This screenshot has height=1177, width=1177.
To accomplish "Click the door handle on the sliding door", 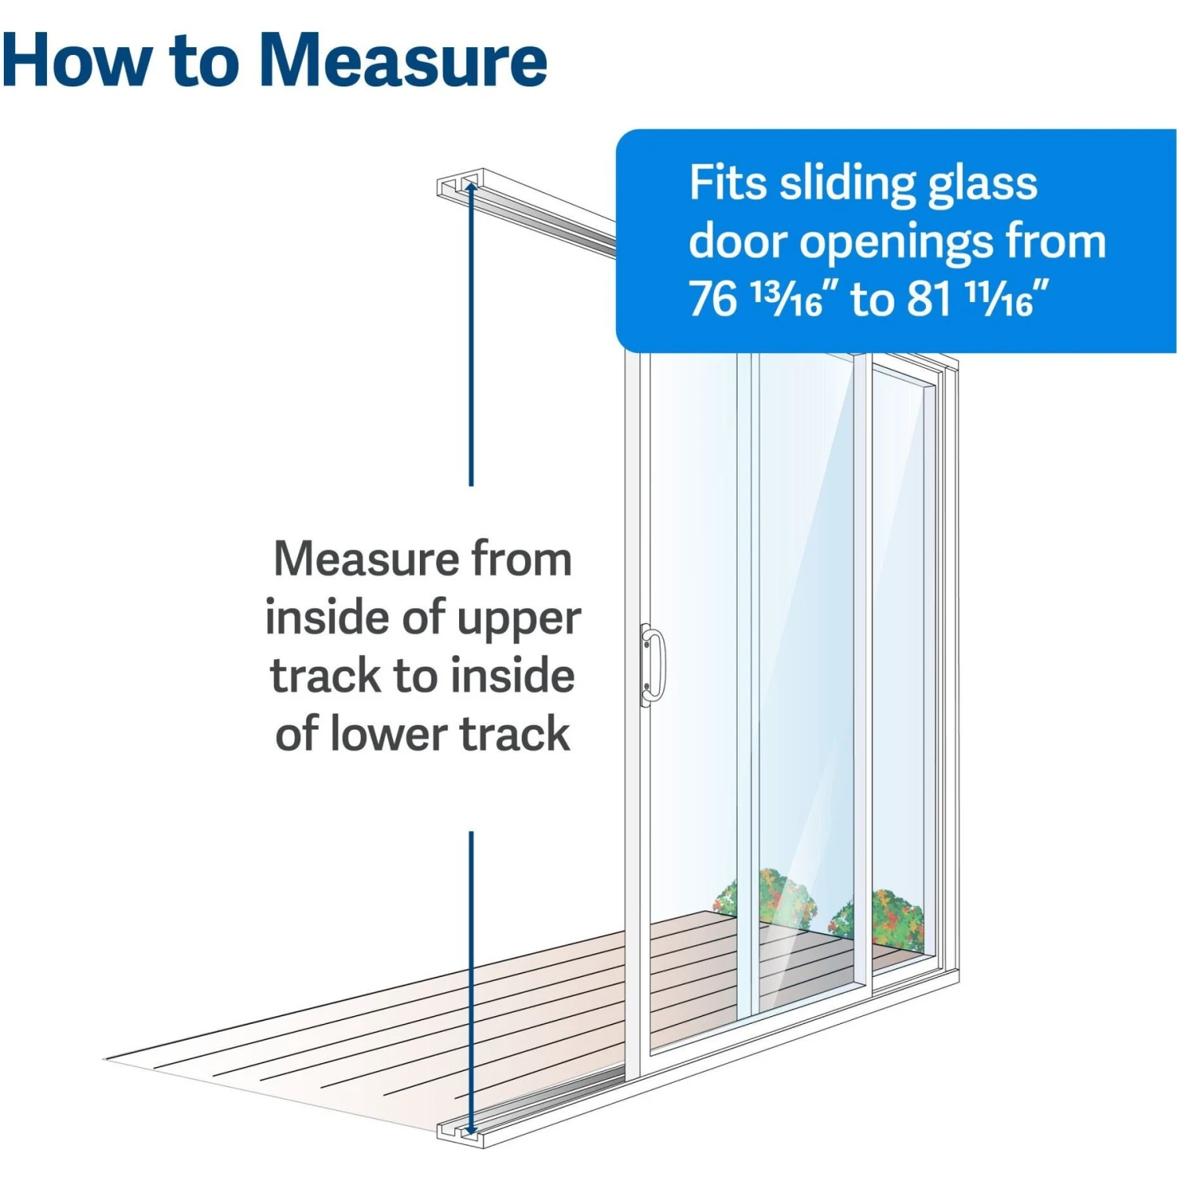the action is pos(652,665).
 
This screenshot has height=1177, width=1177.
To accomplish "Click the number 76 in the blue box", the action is pos(713,299).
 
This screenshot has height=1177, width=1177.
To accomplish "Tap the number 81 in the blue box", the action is pos(930,299).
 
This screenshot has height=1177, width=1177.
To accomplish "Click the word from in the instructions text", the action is pos(521,559).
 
